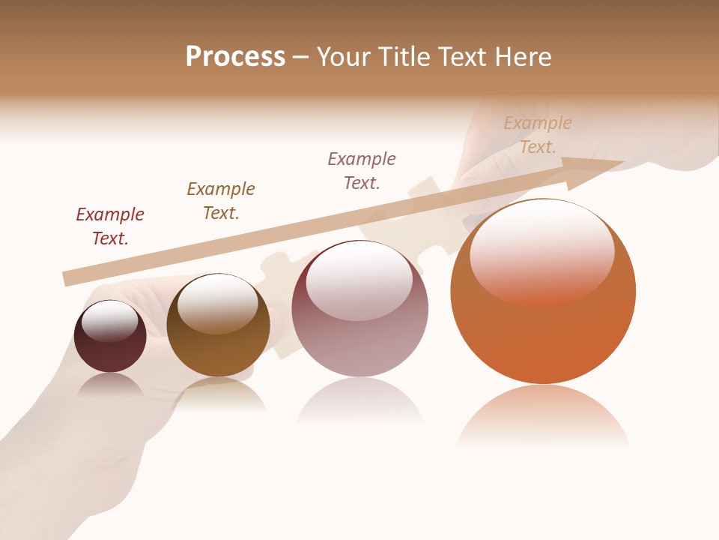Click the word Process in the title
[235, 57]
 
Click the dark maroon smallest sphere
[110, 352]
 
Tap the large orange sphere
[543, 337]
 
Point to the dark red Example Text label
[110, 226]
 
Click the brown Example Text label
[221, 201]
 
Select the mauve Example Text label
[362, 171]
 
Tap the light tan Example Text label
[538, 135]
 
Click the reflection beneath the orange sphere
[543, 416]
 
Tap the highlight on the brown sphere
[217, 303]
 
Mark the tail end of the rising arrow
[69, 278]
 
